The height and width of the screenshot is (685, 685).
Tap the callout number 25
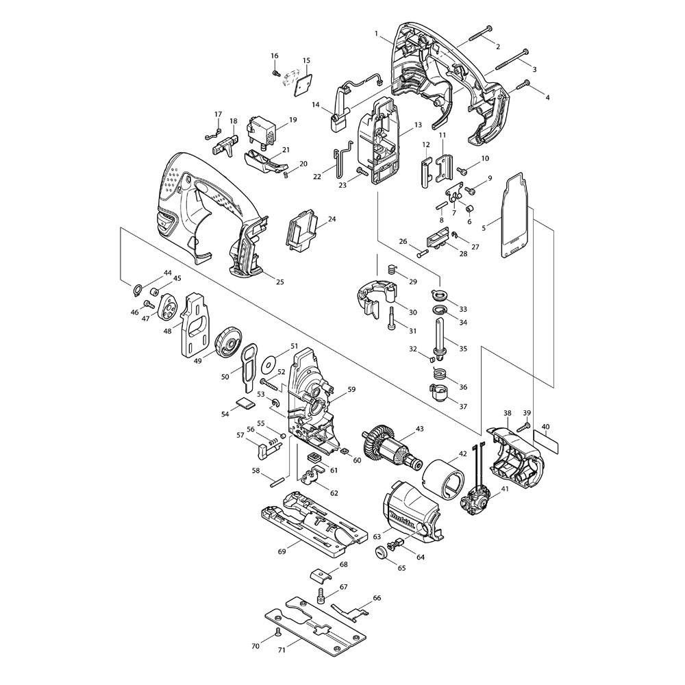click(279, 282)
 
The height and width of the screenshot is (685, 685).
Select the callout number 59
click(351, 388)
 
